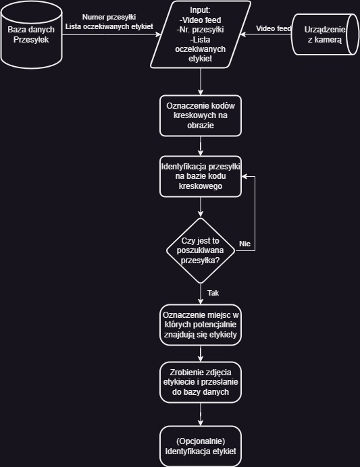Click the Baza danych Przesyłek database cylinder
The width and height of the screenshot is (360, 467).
coord(31,34)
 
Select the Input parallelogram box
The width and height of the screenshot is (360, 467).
coord(201,34)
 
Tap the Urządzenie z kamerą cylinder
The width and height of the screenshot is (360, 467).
coord(325,34)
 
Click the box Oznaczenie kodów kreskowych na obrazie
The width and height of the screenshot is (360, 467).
coord(201,115)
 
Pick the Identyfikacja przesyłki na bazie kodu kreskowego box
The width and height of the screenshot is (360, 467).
coord(201,176)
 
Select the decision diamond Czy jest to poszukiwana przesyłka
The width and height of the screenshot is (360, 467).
coord(201,251)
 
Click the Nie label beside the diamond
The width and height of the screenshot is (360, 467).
coord(245,244)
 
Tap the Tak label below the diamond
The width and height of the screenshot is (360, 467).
coord(213,293)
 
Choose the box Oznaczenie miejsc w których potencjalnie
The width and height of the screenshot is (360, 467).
coord(201,325)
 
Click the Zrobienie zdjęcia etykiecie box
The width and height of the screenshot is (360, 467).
coord(201,383)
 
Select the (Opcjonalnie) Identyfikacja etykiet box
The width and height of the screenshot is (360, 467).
coord(201,447)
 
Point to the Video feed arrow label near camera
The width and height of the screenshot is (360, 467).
coord(274,28)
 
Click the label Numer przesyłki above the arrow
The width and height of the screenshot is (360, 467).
coord(109,18)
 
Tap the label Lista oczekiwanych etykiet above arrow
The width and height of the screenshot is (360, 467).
coord(109,26)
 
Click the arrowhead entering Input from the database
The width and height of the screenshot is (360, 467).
coord(158,34)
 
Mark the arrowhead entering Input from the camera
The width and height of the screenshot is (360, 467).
coord(243,34)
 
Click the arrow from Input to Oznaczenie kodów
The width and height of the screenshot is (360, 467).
coord(201,82)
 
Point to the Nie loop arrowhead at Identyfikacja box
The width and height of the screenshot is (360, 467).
coord(245,176)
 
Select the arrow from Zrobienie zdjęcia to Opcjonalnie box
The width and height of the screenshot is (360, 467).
coord(201,414)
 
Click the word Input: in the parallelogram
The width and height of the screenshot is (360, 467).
coord(200,10)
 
